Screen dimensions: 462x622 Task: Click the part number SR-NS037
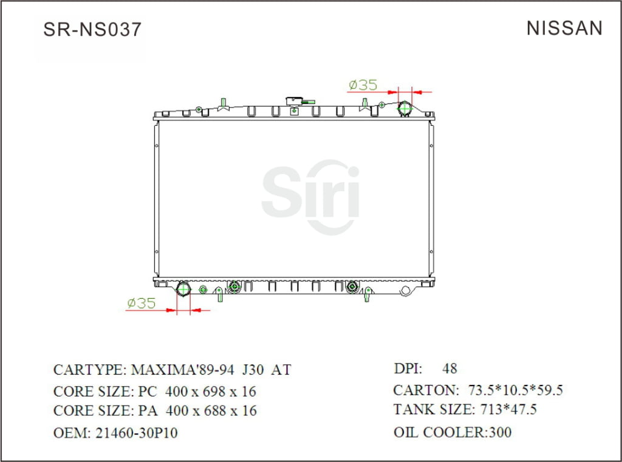click(92, 29)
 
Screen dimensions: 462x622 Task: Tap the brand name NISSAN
click(564, 28)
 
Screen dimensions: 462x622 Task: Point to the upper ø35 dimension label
click(363, 84)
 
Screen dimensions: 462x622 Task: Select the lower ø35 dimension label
click(141, 303)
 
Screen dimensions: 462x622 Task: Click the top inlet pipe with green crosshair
click(405, 108)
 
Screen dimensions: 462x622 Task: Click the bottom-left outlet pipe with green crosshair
click(183, 289)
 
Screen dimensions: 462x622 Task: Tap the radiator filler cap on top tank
click(296, 100)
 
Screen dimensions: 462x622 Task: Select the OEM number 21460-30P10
click(136, 433)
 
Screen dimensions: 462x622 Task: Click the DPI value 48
click(449, 368)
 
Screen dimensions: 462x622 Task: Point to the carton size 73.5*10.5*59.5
click(516, 390)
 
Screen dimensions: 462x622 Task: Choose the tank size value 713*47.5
click(508, 410)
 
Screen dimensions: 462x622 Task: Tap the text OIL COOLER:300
click(453, 432)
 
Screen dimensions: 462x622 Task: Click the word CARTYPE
click(89, 370)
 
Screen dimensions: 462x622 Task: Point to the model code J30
click(253, 370)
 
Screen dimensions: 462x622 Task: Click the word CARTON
click(425, 390)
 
